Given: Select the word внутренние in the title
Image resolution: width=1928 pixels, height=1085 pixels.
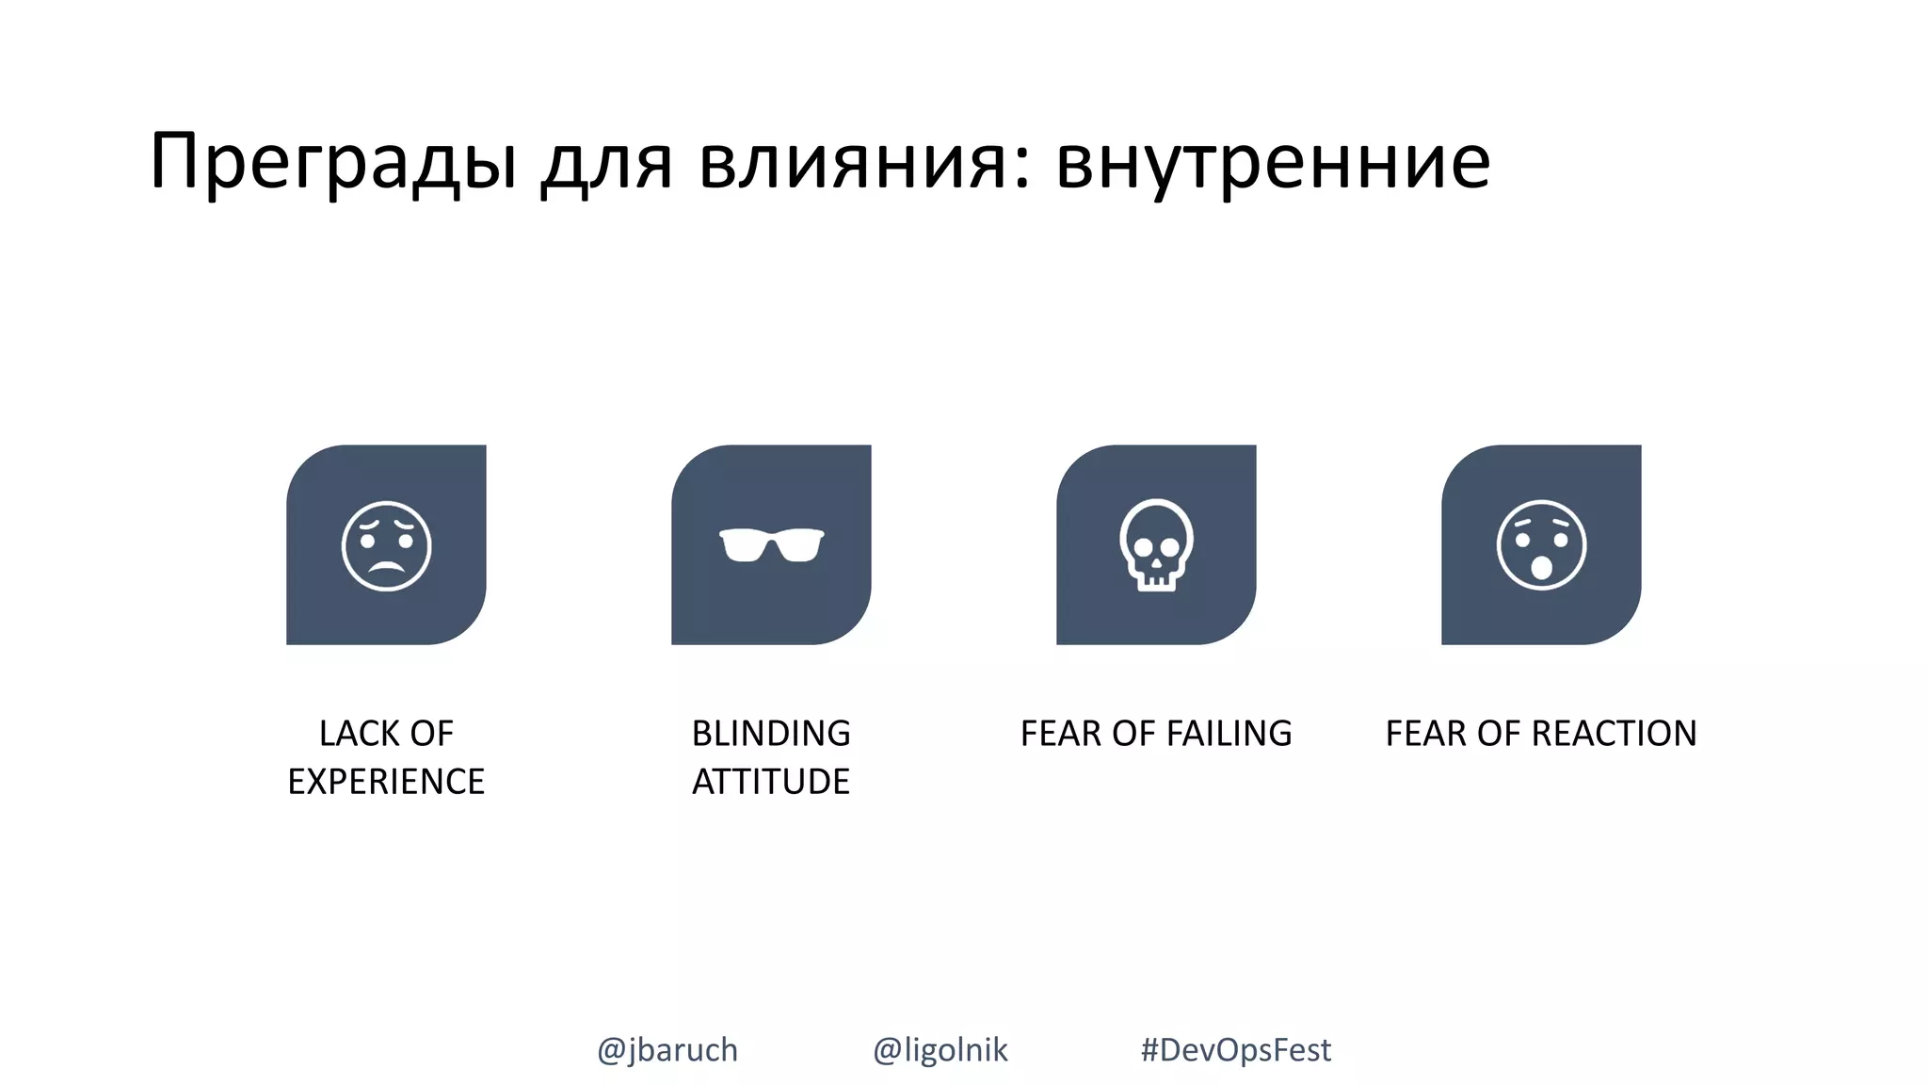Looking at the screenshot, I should [1273, 162].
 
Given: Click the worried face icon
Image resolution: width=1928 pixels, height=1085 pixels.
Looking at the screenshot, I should [386, 545].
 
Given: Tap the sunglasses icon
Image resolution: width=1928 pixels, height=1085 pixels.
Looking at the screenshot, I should [771, 545].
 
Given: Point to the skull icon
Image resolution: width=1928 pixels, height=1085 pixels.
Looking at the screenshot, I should [1156, 544].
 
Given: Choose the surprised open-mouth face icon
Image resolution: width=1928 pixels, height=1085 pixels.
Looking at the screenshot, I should [1541, 545].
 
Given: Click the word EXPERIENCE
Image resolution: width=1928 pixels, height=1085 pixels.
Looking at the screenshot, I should [386, 782].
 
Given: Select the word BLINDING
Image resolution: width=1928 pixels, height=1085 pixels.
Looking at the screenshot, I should [771, 734].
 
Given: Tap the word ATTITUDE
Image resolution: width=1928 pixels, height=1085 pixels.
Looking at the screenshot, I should [771, 782].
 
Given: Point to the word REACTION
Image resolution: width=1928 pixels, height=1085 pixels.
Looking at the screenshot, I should [1617, 734].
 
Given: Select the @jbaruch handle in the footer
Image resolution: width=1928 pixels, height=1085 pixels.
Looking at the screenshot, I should [667, 1049].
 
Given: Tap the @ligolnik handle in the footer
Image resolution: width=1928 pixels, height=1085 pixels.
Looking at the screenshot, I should [940, 1049].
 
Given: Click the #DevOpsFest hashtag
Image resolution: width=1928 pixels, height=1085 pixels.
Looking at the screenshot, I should [1236, 1049].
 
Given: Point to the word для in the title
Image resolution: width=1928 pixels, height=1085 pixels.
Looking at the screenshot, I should [607, 162].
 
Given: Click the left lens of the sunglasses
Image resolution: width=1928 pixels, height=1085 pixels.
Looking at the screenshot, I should [744, 546].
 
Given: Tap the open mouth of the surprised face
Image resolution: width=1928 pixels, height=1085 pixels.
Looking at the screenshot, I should [1541, 567].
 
